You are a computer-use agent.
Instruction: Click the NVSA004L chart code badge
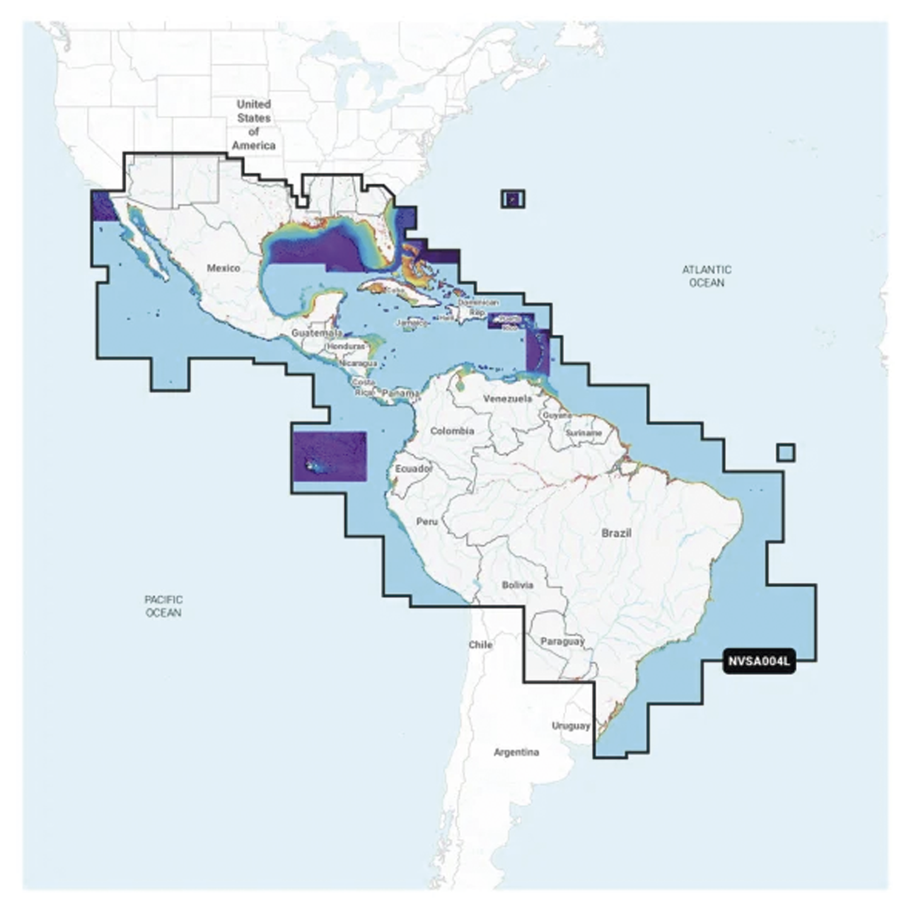pos(759,662)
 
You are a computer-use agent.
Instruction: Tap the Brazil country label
pos(616,533)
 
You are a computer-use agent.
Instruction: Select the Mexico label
pos(223,268)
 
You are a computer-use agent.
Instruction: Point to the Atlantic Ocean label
pos(706,276)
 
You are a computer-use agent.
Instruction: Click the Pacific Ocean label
pos(163,606)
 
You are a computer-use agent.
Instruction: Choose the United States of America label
pos(253,125)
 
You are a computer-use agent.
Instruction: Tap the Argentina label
pos(516,752)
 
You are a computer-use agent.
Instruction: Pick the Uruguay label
pos(571,726)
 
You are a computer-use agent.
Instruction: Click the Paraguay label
pos(562,641)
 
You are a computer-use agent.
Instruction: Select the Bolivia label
pos(517,585)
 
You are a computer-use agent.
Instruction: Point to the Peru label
pos(427,522)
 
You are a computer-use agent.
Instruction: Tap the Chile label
pos(480,645)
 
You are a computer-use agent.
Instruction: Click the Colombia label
pos(452,431)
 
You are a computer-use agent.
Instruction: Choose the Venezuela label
pos(508,398)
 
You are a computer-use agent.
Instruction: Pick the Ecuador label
pos(413,469)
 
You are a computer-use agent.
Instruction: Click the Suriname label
pos(583,433)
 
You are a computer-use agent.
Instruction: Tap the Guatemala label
pos(316,332)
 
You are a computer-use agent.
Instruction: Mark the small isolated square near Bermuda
pos(513,199)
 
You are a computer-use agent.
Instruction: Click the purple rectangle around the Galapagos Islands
pos(329,456)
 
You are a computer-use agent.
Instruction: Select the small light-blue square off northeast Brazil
pos(786,453)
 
